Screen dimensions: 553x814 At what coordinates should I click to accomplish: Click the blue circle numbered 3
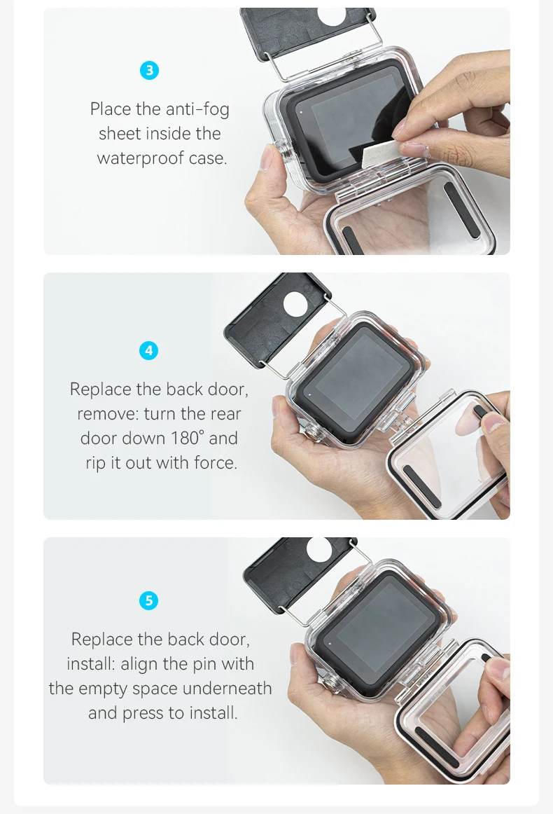click(x=149, y=70)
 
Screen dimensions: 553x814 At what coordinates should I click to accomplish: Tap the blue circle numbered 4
click(x=149, y=351)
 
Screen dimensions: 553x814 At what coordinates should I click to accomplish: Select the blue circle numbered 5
click(x=149, y=600)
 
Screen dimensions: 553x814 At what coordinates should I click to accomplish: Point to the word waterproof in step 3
click(x=140, y=158)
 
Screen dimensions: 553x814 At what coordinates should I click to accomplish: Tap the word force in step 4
click(x=216, y=462)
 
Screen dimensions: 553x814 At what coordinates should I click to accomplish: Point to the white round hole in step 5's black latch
click(x=319, y=549)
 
